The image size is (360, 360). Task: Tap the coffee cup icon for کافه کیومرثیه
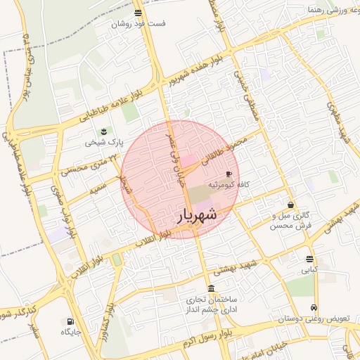(229, 174)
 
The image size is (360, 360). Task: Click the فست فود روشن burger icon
(138, 13)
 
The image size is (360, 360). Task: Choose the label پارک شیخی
(104, 142)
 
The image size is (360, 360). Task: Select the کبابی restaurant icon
(309, 259)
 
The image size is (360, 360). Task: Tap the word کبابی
(309, 269)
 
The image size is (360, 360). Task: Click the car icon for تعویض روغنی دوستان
(314, 308)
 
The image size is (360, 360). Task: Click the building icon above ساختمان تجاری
(212, 289)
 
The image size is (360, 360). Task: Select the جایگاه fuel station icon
(71, 320)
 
